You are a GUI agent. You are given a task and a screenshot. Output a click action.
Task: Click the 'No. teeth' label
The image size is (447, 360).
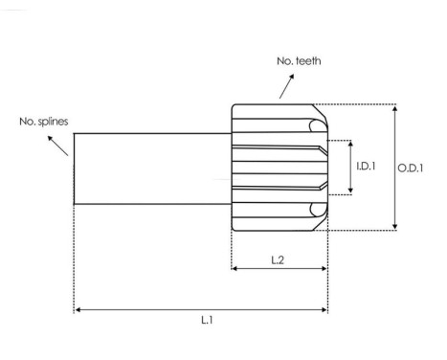click(x=299, y=60)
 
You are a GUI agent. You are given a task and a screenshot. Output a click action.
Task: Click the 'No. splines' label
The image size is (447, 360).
click(x=44, y=122)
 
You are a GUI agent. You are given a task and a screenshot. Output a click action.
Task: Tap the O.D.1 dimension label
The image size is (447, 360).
click(x=411, y=168)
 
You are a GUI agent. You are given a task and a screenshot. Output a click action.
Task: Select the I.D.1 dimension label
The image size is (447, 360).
click(x=366, y=166)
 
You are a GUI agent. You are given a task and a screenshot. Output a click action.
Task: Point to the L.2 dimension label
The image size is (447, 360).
click(x=278, y=260)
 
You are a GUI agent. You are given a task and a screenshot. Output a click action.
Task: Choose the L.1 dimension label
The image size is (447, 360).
click(x=207, y=320)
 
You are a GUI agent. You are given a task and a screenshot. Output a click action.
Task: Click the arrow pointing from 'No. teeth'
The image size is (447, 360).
click(x=286, y=86)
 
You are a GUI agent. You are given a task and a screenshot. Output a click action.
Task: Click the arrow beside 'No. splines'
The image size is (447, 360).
click(x=57, y=146)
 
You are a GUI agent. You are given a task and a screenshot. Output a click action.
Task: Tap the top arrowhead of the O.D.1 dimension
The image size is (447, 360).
click(x=395, y=109)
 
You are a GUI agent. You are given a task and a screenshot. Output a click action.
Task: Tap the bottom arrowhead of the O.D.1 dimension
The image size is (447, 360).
click(x=395, y=226)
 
